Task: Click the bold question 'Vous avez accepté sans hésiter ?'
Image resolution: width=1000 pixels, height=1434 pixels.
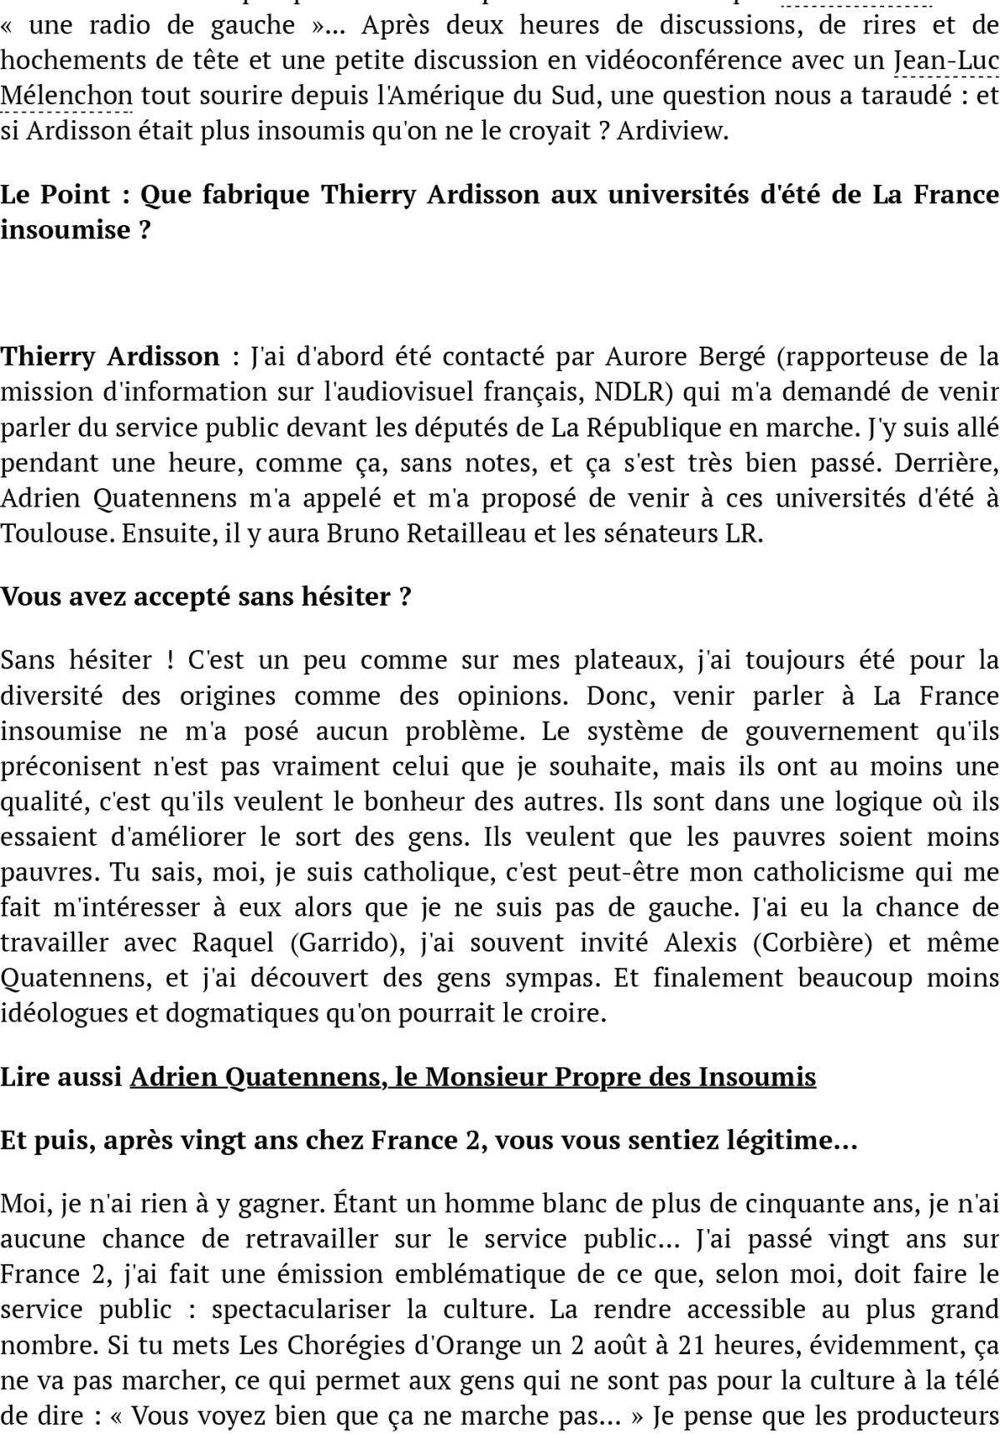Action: [x=206, y=597]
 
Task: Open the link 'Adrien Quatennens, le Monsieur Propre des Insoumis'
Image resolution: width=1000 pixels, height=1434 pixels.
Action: [x=472, y=1077]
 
